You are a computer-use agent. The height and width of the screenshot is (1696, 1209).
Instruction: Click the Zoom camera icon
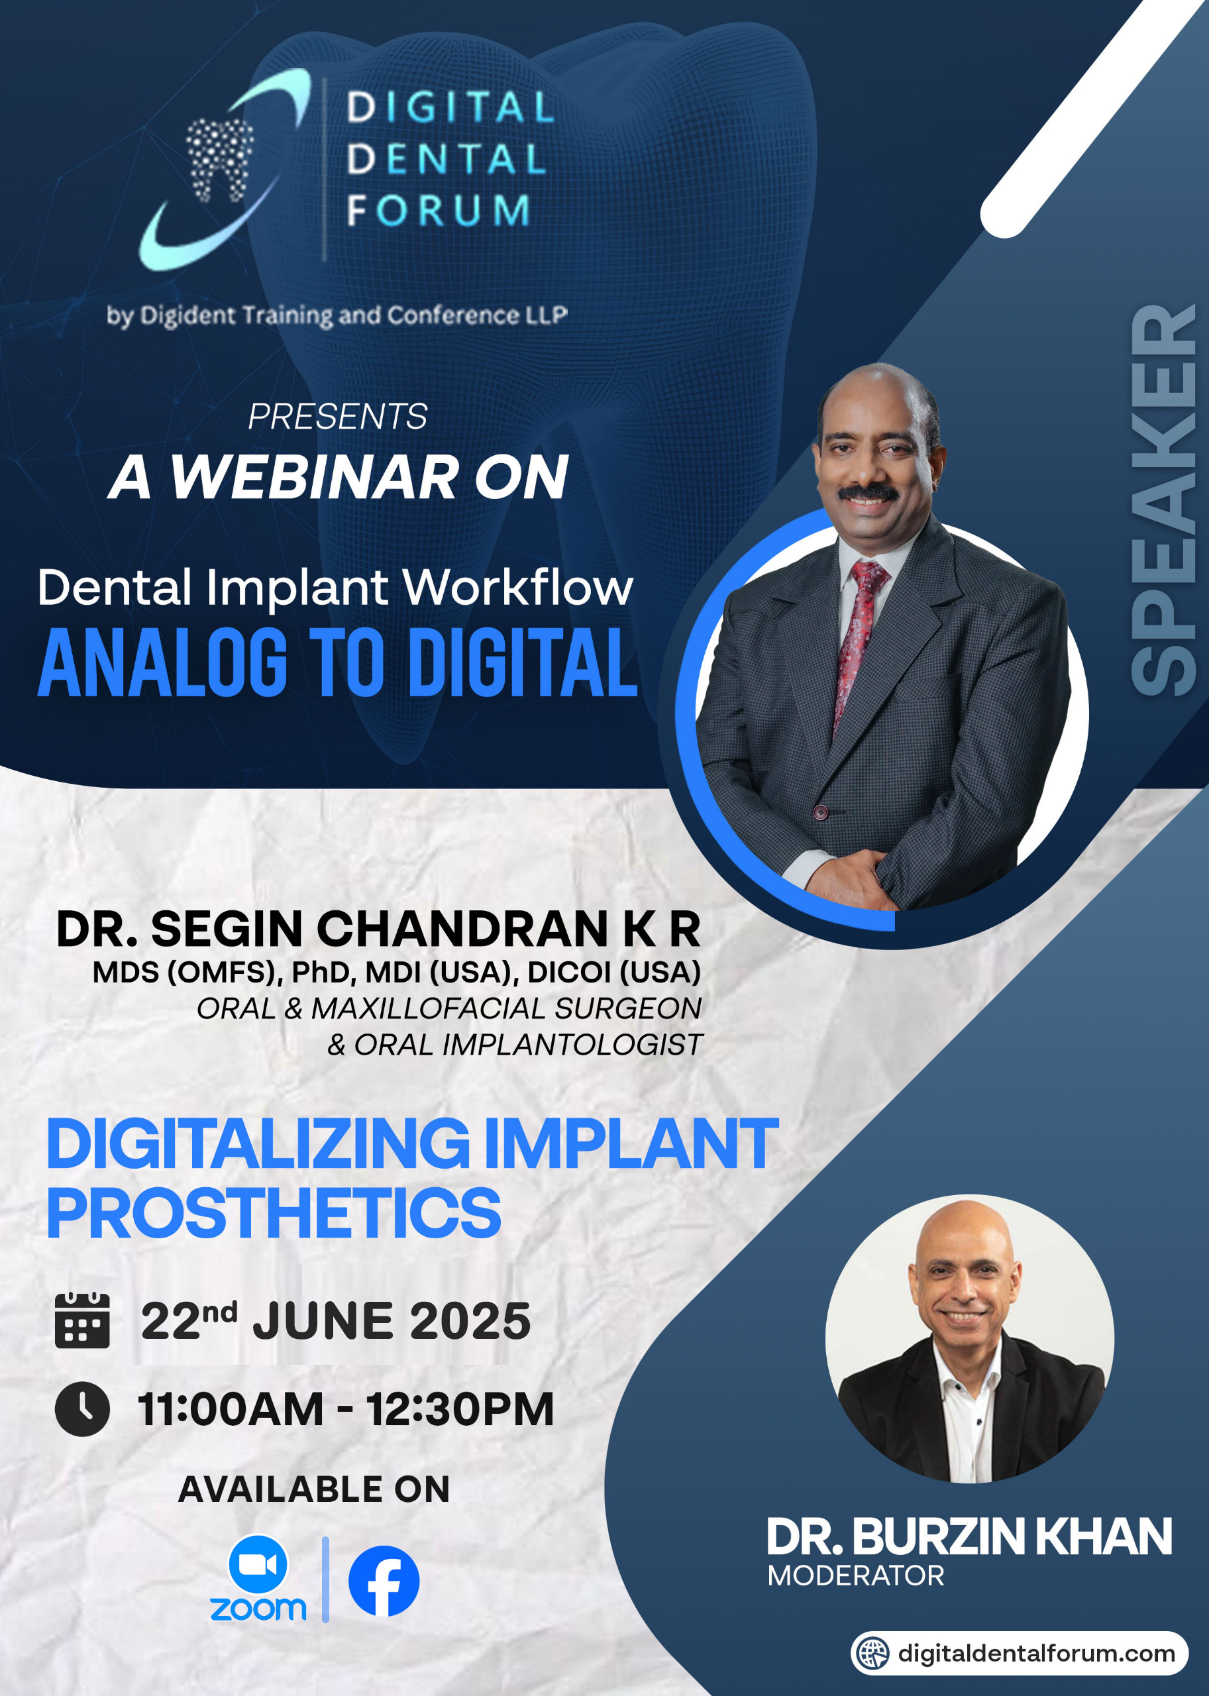[258, 1564]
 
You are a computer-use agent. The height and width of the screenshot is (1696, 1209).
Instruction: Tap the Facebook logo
[384, 1581]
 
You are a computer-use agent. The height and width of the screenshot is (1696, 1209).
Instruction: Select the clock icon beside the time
[82, 1409]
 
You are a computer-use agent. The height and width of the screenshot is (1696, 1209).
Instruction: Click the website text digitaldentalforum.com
[1036, 1653]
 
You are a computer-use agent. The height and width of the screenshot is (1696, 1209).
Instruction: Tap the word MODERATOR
[856, 1575]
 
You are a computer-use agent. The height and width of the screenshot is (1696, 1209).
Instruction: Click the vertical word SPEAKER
[1163, 500]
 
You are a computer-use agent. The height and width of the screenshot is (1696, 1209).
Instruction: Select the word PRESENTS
[337, 416]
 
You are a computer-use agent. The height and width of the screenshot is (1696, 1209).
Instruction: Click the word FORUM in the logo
[439, 210]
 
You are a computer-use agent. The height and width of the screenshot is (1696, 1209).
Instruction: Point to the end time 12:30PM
[459, 1409]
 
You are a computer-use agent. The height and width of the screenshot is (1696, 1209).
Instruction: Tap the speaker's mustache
[868, 492]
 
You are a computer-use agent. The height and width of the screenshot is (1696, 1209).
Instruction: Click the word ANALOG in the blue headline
[162, 662]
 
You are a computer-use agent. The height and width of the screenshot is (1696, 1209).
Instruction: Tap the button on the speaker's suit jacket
[820, 812]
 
